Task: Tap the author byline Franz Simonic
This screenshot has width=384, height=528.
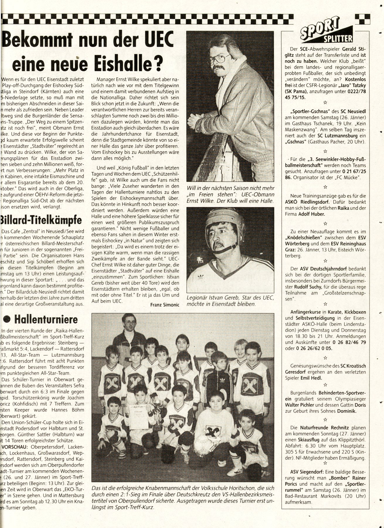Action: point(164,305)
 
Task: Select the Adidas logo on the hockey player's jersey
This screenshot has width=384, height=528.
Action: point(201,276)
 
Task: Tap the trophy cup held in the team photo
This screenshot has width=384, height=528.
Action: point(158,409)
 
